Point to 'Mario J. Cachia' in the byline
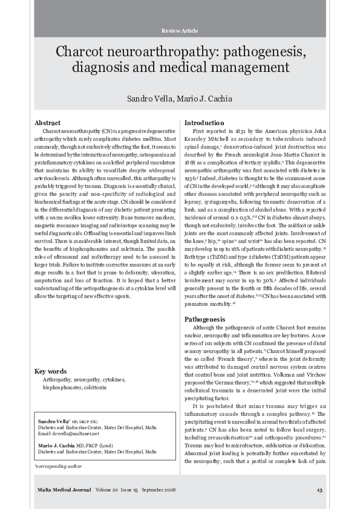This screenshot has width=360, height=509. pyautogui.click(x=207, y=99)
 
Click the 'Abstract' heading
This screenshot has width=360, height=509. pyautogui.click(x=48, y=123)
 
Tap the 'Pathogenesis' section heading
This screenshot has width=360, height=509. pyautogui.click(x=205, y=319)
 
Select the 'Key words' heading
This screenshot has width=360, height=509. pyautogui.click(x=51, y=371)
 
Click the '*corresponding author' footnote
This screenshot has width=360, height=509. pyautogui.click(x=56, y=467)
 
